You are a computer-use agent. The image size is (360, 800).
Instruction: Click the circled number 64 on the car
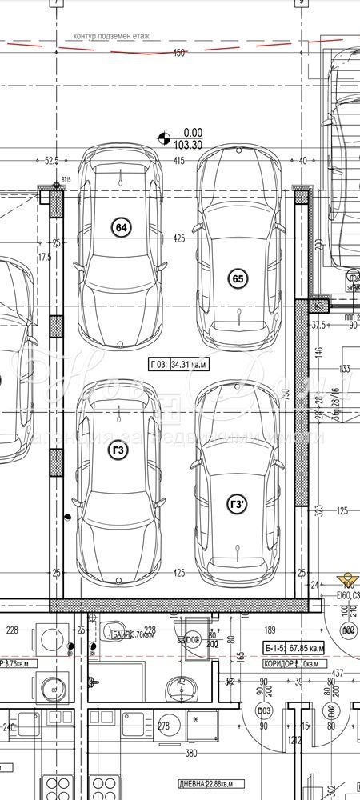pyautogui.click(x=122, y=228)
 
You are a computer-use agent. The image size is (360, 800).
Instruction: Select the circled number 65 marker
pyautogui.click(x=237, y=278)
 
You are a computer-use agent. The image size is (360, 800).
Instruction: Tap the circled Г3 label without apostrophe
pyautogui.click(x=118, y=450)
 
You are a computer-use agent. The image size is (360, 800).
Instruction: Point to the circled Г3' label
pyautogui.click(x=238, y=504)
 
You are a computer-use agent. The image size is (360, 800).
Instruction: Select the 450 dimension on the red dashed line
pyautogui.click(x=178, y=53)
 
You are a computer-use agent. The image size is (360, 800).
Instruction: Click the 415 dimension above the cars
pyautogui.click(x=178, y=162)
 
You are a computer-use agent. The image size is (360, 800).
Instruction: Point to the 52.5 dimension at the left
pyautogui.click(x=52, y=161)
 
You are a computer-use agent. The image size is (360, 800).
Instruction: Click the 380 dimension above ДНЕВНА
pyautogui.click(x=191, y=753)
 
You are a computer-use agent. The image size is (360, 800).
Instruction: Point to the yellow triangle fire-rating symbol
pyautogui.click(x=346, y=578)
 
